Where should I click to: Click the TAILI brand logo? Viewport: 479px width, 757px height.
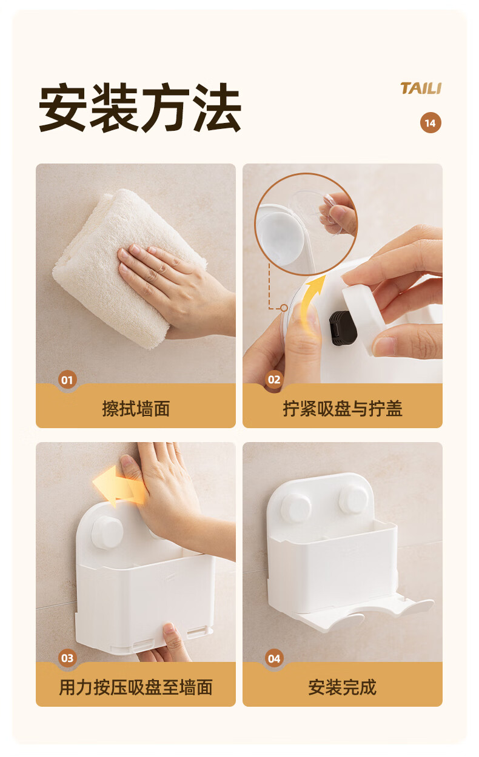click(x=421, y=88)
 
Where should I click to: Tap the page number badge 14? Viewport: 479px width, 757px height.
click(x=430, y=123)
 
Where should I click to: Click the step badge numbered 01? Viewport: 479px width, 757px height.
click(x=67, y=380)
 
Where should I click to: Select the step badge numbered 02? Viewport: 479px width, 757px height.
click(x=274, y=380)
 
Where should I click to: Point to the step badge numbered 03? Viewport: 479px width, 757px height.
click(x=67, y=658)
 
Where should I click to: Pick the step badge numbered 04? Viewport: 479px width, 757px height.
click(x=274, y=658)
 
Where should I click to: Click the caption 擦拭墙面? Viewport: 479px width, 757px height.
click(x=136, y=409)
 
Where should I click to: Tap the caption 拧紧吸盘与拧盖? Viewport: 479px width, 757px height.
click(x=343, y=409)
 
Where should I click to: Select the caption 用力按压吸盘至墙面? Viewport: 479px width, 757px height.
click(x=136, y=687)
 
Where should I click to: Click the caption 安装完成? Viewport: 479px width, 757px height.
click(x=343, y=687)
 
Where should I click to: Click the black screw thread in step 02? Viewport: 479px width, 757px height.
click(x=343, y=328)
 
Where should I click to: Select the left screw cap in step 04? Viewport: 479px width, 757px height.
click(x=296, y=508)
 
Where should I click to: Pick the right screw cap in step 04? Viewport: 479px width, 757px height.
click(x=353, y=500)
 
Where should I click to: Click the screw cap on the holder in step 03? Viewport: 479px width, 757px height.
click(x=107, y=532)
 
